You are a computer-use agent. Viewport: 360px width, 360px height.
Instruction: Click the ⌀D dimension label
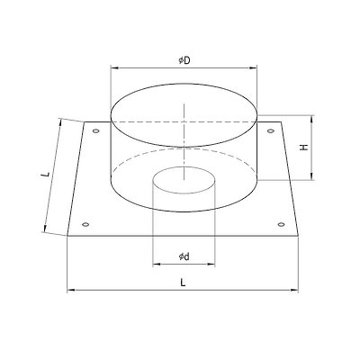pos(184,60)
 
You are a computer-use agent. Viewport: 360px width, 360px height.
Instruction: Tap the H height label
pos(304,148)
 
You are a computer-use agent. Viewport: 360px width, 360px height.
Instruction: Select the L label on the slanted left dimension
pos(46,174)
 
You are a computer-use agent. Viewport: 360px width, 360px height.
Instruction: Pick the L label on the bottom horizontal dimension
pos(183,283)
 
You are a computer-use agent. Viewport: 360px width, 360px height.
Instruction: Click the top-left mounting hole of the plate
pos(96,130)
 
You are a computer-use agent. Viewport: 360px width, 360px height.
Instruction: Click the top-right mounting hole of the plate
pos(271,130)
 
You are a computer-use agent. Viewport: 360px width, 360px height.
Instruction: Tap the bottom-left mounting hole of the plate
pos(85,224)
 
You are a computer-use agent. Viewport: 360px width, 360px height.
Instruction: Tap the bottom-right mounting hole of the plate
pos(281,224)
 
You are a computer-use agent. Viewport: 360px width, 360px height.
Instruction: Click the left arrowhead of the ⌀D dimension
pos(114,68)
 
